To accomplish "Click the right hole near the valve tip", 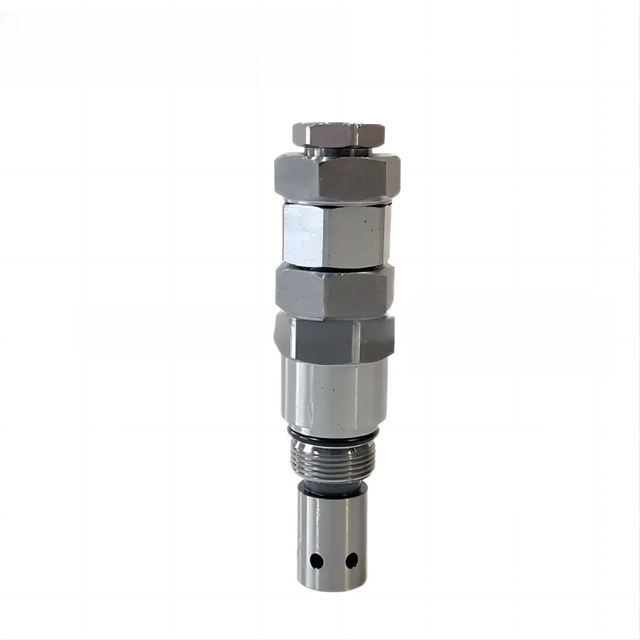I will [x=351, y=560].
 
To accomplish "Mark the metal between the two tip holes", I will [x=334, y=561].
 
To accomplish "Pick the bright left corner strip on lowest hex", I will [x=283, y=335].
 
